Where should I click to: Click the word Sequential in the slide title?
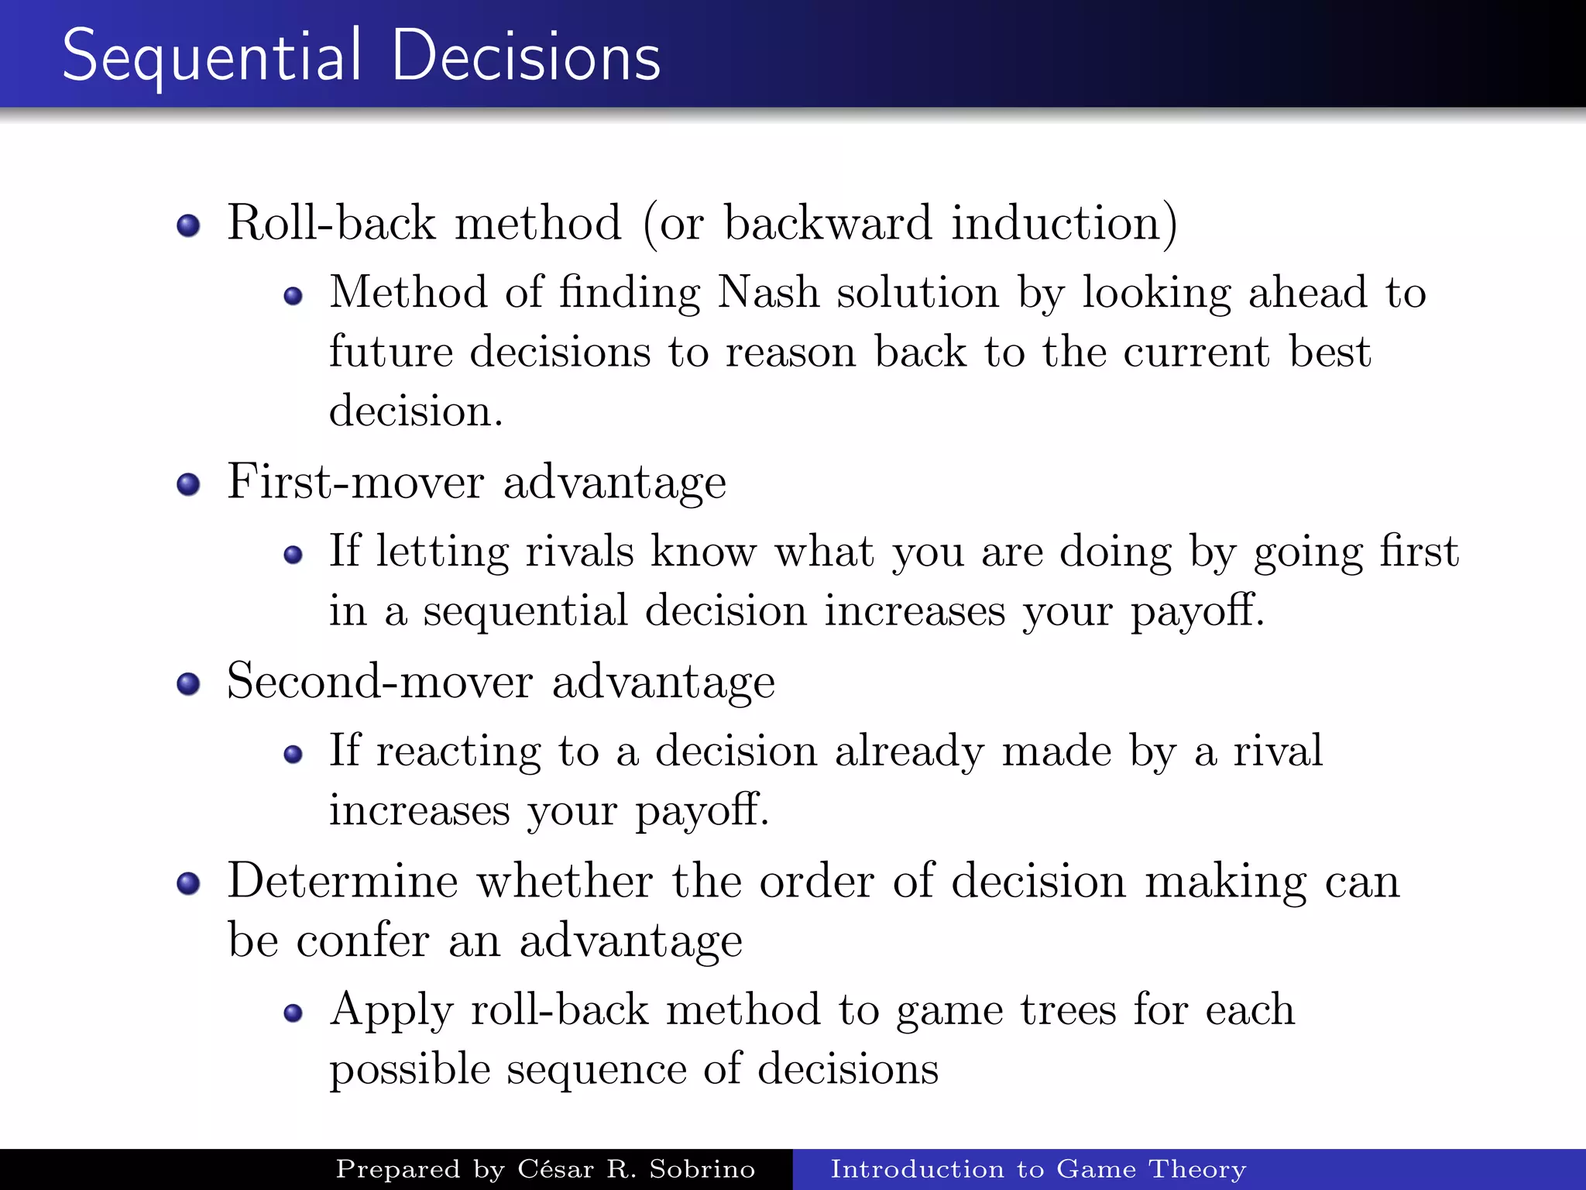click(211, 56)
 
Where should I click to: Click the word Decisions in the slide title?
click(527, 56)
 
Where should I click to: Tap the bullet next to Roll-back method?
click(188, 225)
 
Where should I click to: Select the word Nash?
click(768, 293)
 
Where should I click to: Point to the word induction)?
click(1064, 224)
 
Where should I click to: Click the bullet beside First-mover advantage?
click(188, 485)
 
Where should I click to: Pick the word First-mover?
click(355, 482)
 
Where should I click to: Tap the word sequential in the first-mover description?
click(525, 611)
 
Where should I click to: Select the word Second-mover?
click(379, 682)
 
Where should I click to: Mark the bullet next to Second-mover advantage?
click(188, 684)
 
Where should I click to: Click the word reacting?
click(458, 751)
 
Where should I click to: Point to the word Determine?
click(343, 882)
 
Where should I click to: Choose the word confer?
click(362, 941)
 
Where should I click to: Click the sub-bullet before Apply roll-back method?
click(293, 1013)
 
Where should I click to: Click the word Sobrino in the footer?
click(702, 1169)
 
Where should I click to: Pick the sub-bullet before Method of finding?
click(293, 296)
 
